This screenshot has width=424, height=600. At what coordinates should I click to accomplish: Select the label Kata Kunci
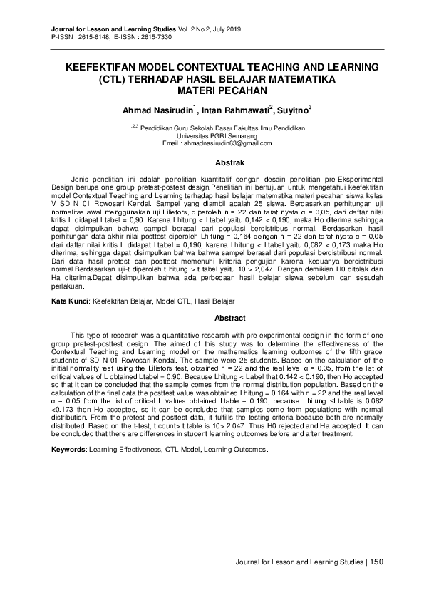pos(72,302)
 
